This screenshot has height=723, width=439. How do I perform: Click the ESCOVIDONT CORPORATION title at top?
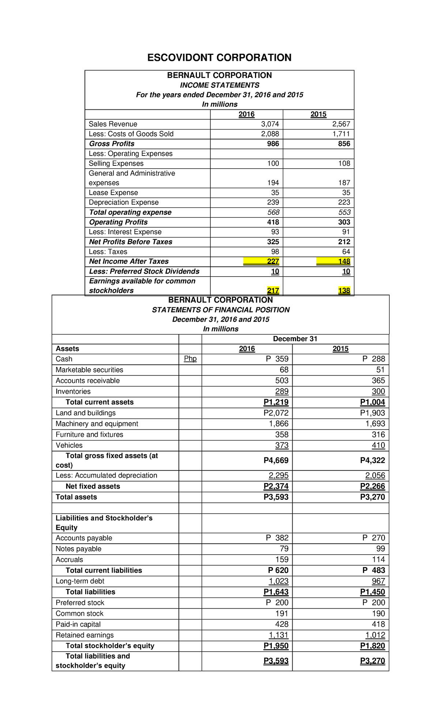click(219, 58)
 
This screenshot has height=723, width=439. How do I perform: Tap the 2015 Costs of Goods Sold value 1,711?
click(341, 134)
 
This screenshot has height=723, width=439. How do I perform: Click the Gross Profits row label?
click(112, 144)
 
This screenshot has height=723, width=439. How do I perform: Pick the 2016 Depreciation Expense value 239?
click(273, 202)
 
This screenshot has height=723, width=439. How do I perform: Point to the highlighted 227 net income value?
click(273, 261)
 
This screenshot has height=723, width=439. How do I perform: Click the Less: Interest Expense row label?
click(125, 232)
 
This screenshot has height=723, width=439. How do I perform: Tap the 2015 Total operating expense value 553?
click(344, 212)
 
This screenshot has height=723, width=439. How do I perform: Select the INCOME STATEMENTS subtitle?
click(219, 85)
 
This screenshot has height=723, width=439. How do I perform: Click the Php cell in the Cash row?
click(190, 359)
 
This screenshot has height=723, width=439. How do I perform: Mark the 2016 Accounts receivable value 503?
click(282, 381)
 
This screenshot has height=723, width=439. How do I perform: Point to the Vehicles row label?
click(69, 445)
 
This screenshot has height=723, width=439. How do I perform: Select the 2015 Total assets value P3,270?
click(372, 497)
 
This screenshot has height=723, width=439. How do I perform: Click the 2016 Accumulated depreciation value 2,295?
click(278, 475)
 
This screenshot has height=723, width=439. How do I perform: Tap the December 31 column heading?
click(295, 339)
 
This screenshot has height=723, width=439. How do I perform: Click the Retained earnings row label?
click(85, 635)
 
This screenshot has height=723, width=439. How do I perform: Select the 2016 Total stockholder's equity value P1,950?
click(276, 646)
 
